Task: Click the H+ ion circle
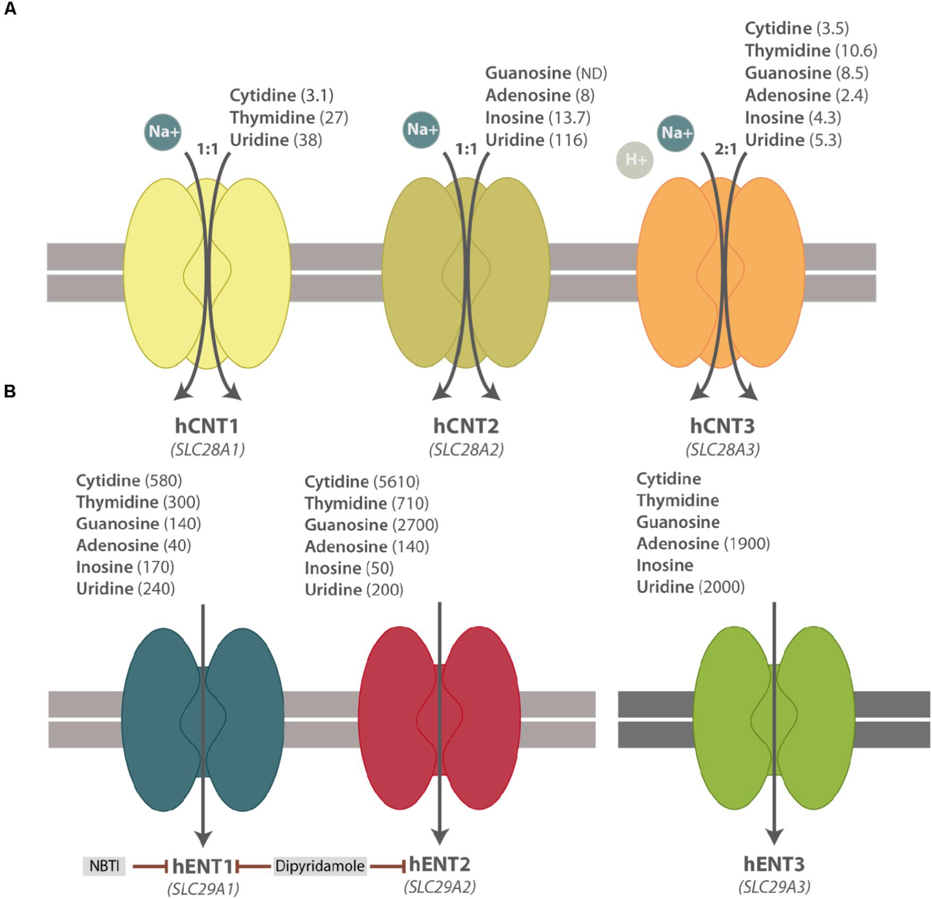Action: click(x=635, y=160)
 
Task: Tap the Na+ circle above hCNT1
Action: click(x=163, y=131)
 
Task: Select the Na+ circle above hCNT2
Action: click(x=422, y=129)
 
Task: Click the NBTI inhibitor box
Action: click(x=104, y=865)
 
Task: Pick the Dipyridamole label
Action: click(x=320, y=866)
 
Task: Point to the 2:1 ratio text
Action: click(x=725, y=148)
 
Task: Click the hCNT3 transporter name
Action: click(x=722, y=426)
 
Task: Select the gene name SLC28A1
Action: click(x=207, y=449)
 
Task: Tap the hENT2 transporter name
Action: click(x=440, y=864)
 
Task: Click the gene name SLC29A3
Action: click(x=774, y=887)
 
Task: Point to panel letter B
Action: click(x=10, y=390)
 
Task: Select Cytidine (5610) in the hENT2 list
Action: click(x=362, y=482)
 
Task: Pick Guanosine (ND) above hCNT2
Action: click(x=546, y=73)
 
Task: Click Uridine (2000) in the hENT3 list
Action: click(x=690, y=587)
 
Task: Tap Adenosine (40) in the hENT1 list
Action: click(x=134, y=545)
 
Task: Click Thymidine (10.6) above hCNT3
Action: click(x=811, y=50)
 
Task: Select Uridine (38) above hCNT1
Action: click(x=276, y=140)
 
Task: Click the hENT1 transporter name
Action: click(x=203, y=866)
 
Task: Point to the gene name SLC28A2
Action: click(x=466, y=449)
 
